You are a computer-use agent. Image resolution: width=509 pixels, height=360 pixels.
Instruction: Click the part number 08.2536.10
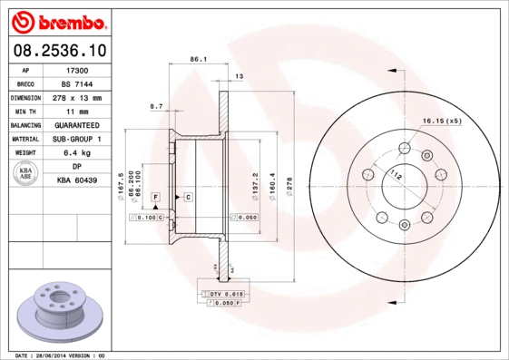tap(59, 50)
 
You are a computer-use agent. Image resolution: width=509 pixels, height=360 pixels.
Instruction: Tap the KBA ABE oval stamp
tap(27, 173)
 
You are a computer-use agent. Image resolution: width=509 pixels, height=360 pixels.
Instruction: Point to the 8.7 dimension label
tap(155, 107)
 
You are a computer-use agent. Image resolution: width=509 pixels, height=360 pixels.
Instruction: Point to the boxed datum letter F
tap(155, 197)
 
